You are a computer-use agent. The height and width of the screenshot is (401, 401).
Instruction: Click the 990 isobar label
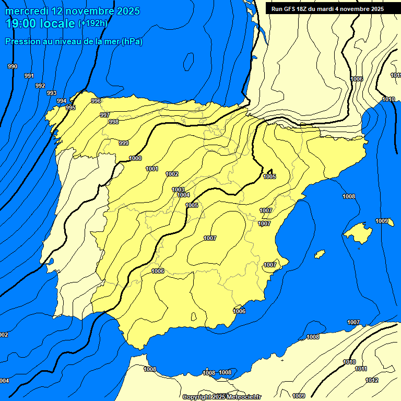click(13, 66)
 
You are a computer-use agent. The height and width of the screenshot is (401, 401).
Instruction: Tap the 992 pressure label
click(40, 86)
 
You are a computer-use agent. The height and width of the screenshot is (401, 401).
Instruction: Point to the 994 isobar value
click(62, 101)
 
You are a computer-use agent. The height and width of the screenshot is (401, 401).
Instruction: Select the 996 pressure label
click(96, 101)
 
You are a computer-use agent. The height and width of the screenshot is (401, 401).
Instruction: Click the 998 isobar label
click(114, 122)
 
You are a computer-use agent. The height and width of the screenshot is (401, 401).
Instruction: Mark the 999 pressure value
click(124, 143)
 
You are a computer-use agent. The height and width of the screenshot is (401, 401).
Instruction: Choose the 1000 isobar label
click(135, 158)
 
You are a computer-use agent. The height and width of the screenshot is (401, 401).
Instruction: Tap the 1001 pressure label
click(152, 169)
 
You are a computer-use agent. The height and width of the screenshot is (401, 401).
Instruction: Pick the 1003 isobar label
click(178, 190)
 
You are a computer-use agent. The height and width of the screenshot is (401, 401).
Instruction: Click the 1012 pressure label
click(372, 380)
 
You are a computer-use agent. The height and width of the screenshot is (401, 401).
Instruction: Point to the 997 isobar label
click(105, 115)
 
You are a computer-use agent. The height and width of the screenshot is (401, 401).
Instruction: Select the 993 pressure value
click(52, 93)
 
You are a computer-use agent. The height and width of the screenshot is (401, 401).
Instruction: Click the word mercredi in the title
click(26, 11)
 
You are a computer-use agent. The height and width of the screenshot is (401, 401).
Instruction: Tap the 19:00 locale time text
click(40, 23)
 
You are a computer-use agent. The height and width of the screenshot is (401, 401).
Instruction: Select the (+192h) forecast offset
click(92, 23)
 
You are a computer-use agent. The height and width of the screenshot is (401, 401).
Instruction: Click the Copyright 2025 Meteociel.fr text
click(222, 397)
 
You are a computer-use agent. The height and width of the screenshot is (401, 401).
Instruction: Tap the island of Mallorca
click(359, 230)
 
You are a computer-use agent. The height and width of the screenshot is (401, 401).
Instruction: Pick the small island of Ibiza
click(320, 254)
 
